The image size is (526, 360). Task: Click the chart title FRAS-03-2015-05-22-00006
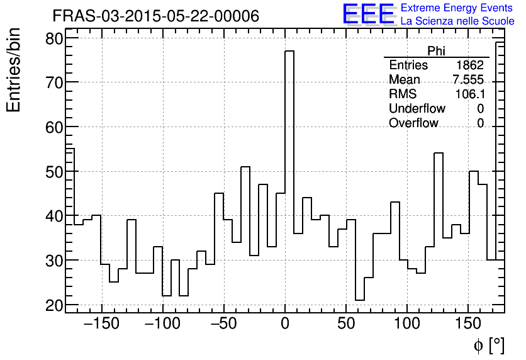pyautogui.click(x=155, y=16)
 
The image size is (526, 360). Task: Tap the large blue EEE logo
pyautogui.click(x=368, y=14)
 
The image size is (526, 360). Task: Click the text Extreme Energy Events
pyautogui.click(x=457, y=8)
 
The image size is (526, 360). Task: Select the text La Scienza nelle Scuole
pyautogui.click(x=457, y=21)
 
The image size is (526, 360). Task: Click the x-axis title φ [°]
pyautogui.click(x=489, y=345)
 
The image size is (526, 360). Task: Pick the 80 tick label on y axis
pyautogui.click(x=54, y=38)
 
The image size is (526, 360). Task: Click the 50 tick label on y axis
pyautogui.click(x=54, y=171)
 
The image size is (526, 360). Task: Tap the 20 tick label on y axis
pyautogui.click(x=54, y=305)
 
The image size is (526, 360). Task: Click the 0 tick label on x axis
pyautogui.click(x=285, y=325)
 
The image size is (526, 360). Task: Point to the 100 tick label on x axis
pyautogui.click(x=406, y=325)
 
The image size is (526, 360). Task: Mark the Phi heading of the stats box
pyautogui.click(x=436, y=51)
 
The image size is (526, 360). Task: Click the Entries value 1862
pyautogui.click(x=470, y=65)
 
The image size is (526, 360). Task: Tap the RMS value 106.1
pyautogui.click(x=469, y=94)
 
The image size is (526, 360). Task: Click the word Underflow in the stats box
pyautogui.click(x=417, y=109)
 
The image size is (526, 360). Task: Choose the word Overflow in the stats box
pyautogui.click(x=413, y=123)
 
